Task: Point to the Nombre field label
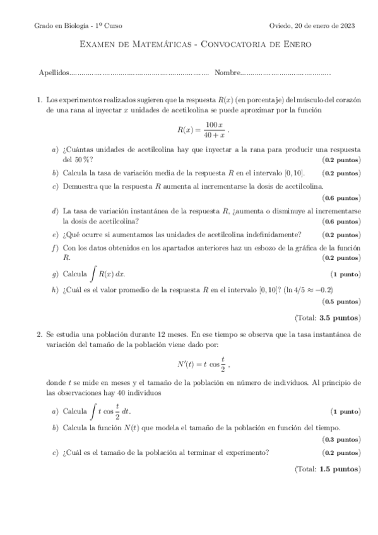tap(228, 73)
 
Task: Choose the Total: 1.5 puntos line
tap(328, 469)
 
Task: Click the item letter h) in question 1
tap(56, 290)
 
